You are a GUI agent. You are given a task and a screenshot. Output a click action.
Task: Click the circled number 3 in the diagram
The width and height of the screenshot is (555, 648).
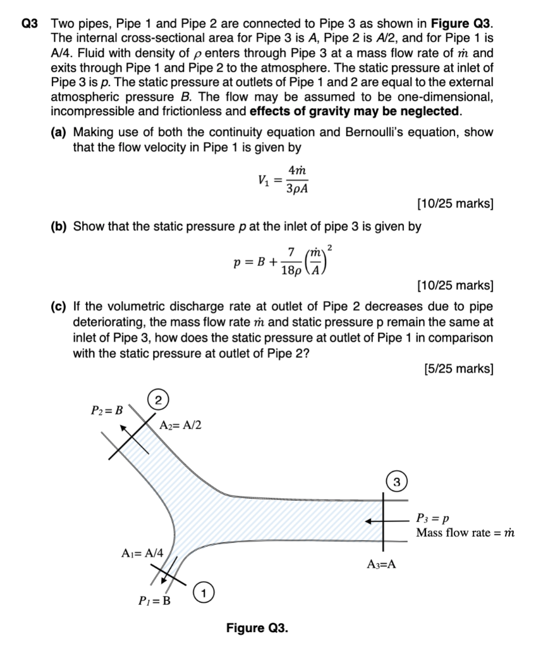(396, 482)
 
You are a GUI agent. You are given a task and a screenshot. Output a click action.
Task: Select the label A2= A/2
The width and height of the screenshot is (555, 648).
(181, 425)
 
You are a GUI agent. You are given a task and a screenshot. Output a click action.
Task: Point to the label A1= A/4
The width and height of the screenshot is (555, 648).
(142, 552)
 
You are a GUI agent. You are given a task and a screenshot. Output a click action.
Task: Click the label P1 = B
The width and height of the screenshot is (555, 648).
(154, 601)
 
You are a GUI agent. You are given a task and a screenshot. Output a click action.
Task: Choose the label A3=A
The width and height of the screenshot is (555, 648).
(382, 564)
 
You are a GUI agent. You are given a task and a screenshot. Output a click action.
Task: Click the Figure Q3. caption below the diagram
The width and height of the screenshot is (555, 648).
(257, 628)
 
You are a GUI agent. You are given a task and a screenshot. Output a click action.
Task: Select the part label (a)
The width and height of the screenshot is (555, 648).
(61, 132)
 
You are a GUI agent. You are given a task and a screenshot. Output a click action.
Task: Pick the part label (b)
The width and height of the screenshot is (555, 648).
(61, 226)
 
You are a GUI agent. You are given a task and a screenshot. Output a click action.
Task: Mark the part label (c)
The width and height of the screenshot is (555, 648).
(61, 307)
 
